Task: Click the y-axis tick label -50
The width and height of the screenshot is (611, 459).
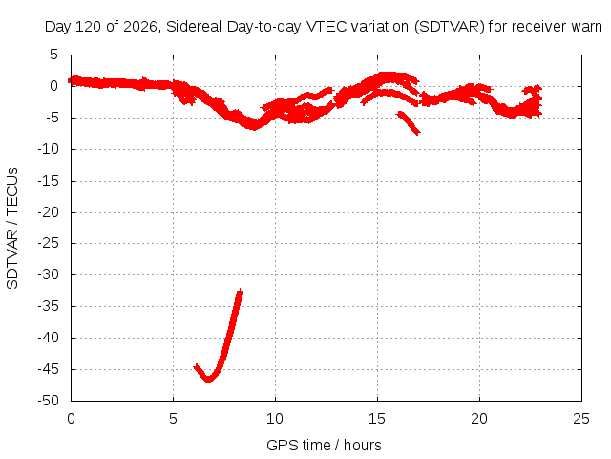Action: [48, 401]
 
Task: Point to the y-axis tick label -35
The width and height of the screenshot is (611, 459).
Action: [48, 306]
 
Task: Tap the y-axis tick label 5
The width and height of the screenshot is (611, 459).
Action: [53, 55]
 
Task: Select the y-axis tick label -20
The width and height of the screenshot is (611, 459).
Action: [48, 212]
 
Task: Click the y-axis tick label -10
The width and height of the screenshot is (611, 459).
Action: [48, 149]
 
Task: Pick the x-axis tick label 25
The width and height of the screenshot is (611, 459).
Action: [581, 419]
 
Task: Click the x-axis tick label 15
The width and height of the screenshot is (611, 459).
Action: [377, 419]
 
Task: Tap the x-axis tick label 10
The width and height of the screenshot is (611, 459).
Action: [275, 419]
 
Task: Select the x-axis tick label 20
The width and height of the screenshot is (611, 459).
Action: [479, 419]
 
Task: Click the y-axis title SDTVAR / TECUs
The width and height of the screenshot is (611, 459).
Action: [12, 229]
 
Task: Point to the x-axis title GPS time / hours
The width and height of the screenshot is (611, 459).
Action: [324, 446]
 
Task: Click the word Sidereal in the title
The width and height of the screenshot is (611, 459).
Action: [194, 27]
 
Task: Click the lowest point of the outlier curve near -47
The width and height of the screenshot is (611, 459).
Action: [208, 380]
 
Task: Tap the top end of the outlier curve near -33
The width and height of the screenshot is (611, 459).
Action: [241, 291]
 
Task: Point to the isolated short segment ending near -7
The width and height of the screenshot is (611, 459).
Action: [408, 122]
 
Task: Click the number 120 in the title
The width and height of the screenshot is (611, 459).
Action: [88, 27]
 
